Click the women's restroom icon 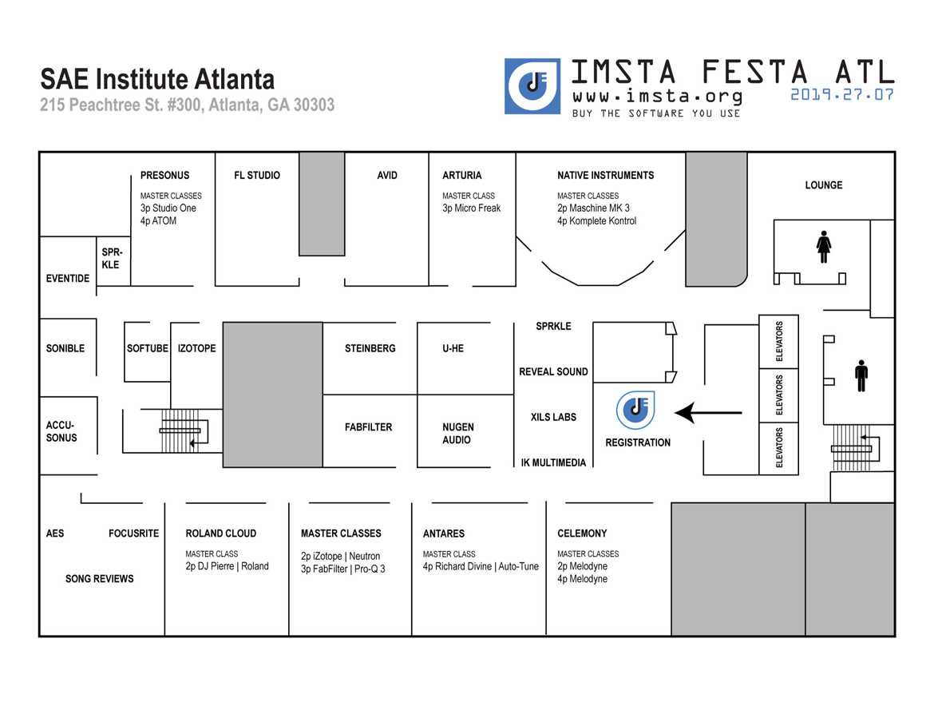824,247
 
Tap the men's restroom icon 861,376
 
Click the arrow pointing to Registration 708,412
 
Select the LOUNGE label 824,185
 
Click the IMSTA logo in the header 532,85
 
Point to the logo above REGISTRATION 635,410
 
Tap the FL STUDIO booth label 257,175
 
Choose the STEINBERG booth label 370,348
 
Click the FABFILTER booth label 368,427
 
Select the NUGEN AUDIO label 458,434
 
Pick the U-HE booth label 453,348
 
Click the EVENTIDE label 68,278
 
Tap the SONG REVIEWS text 100,578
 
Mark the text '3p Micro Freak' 471,208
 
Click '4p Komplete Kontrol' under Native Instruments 596,221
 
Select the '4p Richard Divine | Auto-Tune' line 480,566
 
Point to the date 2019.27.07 842,95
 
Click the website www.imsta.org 658,96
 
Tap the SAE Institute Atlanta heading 157,79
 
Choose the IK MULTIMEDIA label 553,463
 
